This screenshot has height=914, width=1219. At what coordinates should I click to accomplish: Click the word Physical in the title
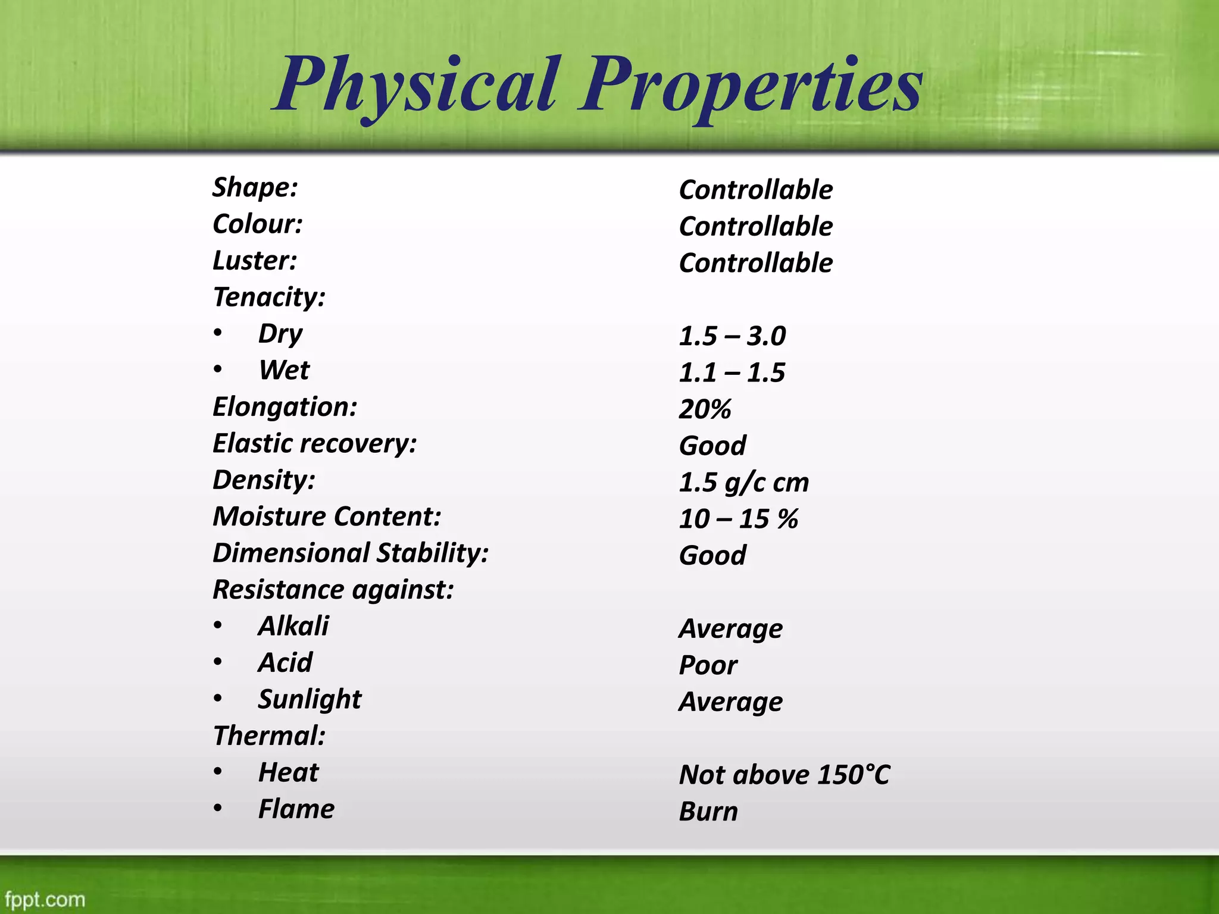(417, 86)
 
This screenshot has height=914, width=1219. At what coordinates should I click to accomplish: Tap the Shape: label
(255, 187)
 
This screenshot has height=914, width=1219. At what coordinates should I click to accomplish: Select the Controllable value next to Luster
(755, 263)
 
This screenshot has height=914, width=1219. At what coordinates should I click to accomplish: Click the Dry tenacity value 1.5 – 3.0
(732, 336)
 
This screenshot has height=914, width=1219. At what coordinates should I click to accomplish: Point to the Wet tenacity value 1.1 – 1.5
(732, 373)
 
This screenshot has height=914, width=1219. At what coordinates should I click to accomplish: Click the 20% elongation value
(705, 409)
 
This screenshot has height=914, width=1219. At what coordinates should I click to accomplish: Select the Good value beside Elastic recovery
(712, 446)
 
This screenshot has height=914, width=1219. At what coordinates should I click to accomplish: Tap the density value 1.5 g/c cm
(744, 483)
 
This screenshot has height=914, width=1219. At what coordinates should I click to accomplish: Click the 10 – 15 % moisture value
(738, 519)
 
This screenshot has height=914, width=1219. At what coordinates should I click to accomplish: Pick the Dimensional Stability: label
(351, 553)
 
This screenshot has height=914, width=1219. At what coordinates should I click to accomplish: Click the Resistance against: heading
(333, 590)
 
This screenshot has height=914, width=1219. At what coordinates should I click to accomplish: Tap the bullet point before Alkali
(218, 625)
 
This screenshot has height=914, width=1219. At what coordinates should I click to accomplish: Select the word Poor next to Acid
(708, 665)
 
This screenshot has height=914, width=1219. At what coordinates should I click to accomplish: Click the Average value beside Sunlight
(730, 702)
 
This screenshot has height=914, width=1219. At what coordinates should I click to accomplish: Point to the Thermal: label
(269, 736)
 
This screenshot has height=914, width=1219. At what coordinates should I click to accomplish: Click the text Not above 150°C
(784, 775)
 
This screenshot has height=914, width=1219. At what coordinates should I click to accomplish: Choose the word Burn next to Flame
(708, 812)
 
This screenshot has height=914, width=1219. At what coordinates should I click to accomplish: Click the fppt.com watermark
(45, 899)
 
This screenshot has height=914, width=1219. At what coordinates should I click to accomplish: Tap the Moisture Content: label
(327, 517)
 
